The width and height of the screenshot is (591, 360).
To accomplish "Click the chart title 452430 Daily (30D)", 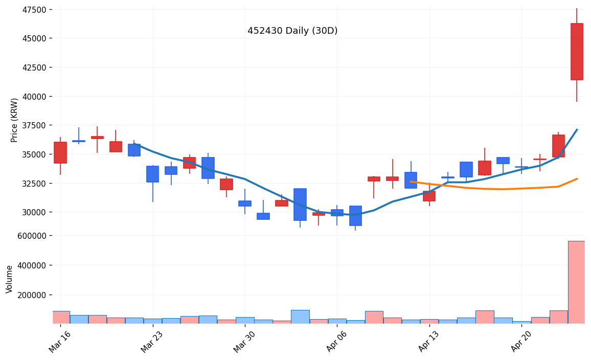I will coord(292,31).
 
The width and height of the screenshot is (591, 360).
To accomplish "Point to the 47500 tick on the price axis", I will coord(32,10).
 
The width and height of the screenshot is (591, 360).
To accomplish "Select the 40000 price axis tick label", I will coord(32,97).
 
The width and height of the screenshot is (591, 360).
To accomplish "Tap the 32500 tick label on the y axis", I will coord(32,183).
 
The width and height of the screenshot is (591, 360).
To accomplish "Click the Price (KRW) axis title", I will coord(14,120).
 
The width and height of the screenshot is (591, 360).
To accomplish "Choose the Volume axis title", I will coord(10,279).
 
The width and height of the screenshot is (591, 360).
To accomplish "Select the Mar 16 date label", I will coord(59,341).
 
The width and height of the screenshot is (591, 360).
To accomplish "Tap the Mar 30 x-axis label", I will coord(244,341).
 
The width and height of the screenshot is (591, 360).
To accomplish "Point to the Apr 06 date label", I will coord(336,341).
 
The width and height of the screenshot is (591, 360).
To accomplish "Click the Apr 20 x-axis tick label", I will coord(520,341).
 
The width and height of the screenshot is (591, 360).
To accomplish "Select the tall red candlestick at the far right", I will coord(577,52).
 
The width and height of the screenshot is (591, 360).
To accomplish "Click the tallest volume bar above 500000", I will coord(577,282).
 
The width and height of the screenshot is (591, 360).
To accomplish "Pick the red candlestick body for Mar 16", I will coord(60,152).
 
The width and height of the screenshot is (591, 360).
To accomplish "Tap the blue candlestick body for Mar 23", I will coord(152,174).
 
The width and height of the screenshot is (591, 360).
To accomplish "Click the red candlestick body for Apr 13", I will coord(429,196).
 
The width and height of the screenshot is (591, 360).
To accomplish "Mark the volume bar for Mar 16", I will coord(60,317).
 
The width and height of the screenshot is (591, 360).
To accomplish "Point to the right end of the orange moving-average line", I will coord(577,179).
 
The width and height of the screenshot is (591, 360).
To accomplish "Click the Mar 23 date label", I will coord(152,341).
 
